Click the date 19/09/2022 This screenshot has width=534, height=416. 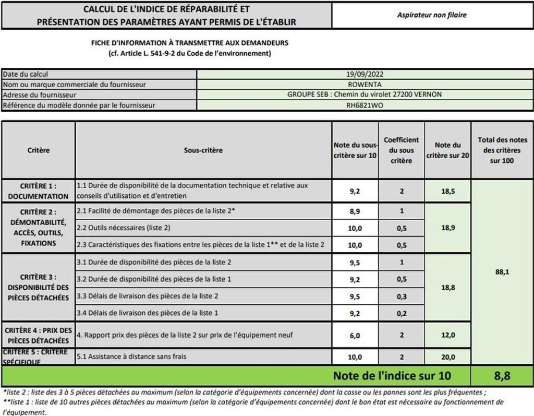[x=365, y=74]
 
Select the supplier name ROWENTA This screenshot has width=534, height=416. [x=365, y=85]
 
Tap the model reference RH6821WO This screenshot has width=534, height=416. [x=365, y=105]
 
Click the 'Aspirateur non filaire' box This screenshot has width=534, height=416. [x=432, y=15]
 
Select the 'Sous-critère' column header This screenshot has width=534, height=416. [x=203, y=150]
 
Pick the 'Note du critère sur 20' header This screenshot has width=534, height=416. [x=447, y=150]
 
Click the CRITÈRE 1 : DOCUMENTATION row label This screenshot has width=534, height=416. [x=38, y=191]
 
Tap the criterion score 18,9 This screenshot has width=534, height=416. [x=447, y=228]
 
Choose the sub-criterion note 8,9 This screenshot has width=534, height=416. [x=355, y=211]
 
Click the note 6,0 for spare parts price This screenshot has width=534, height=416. [x=355, y=335]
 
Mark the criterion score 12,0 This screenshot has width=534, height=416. [x=447, y=335]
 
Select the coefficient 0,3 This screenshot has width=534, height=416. [x=402, y=296]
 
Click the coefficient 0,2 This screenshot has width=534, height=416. [x=402, y=313]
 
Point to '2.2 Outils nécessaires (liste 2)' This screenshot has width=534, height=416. [x=124, y=228]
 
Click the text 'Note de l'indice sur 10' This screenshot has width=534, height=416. [x=392, y=376]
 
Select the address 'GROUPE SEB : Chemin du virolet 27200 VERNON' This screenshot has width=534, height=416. [x=365, y=95]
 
